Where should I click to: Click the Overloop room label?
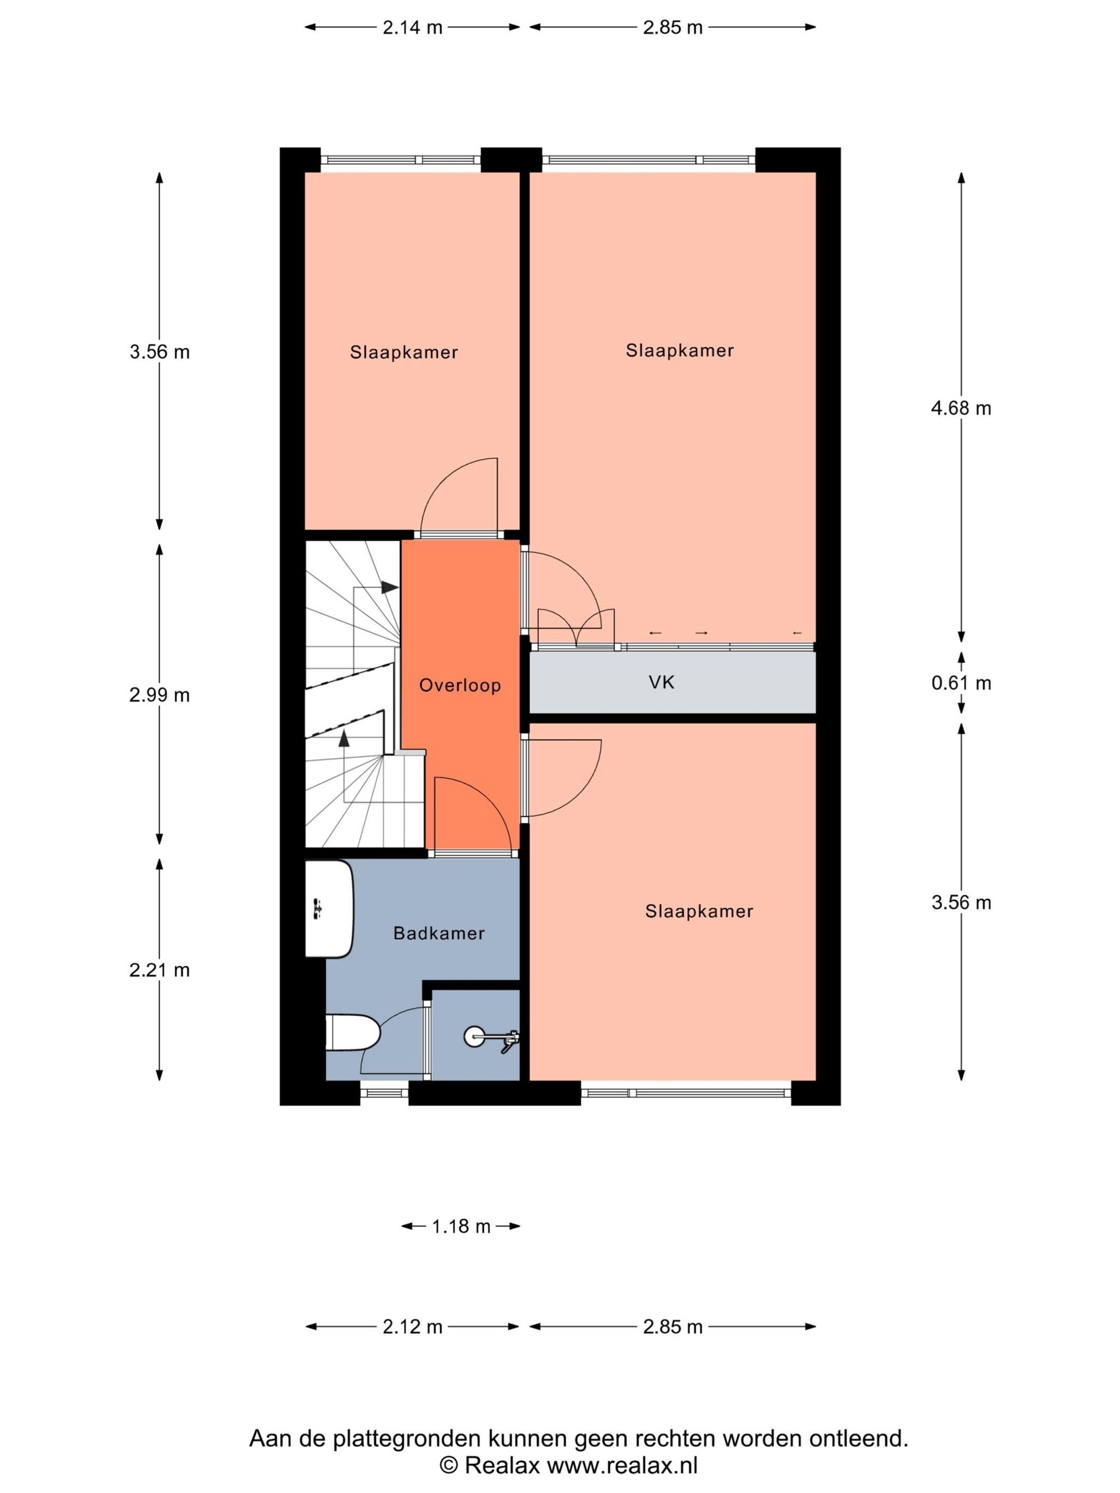tap(460, 685)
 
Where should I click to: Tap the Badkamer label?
tap(439, 934)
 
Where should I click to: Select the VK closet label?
tap(662, 682)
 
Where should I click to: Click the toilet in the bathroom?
tap(353, 1032)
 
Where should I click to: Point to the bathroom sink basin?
tap(329, 908)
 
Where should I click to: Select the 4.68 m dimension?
tap(961, 409)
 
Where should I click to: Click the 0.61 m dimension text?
tap(961, 683)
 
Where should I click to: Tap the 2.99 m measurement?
tap(159, 695)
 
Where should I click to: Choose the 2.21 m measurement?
tap(159, 970)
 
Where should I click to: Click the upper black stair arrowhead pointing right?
tap(389, 587)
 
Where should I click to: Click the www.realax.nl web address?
tap(622, 1466)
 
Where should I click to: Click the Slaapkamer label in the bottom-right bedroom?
tap(699, 911)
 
